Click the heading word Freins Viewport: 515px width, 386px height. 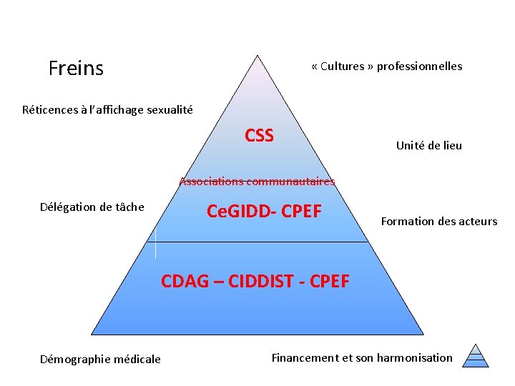click(76, 69)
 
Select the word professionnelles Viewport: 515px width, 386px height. click(419, 66)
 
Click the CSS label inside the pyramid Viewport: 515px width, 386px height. click(259, 135)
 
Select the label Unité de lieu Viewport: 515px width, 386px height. click(429, 146)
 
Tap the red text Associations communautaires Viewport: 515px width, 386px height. click(257, 182)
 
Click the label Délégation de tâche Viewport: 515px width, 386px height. click(92, 207)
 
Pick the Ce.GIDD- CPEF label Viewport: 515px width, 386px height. click(264, 212)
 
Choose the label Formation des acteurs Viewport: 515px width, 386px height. click(439, 222)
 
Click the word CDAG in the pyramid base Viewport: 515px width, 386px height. click(187, 281)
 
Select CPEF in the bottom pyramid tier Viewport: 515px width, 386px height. click(329, 281)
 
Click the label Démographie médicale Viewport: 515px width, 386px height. click(101, 359)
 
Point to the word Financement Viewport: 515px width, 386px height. click(306, 357)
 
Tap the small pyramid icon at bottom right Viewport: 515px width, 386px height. click(476, 355)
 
